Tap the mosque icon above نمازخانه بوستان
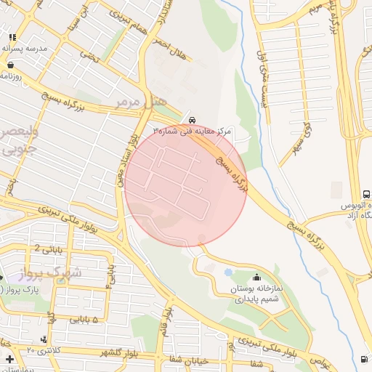[256, 277]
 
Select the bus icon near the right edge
[366, 195]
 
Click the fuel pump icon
[363, 358]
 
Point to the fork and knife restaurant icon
[12, 36]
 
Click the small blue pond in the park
[229, 272]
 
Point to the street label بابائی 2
[47, 248]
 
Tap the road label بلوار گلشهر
[120, 352]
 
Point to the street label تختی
[88, 54]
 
